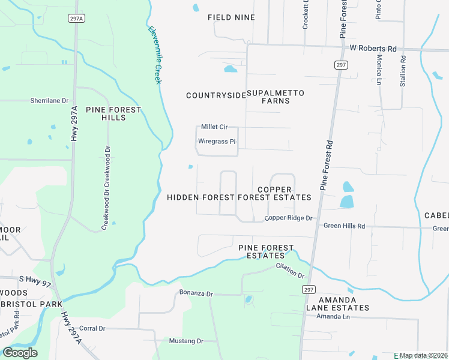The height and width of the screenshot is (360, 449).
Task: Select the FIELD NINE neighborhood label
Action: [231, 17]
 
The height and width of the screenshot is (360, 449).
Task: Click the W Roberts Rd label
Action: [373, 48]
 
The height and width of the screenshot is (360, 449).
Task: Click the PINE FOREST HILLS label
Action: [113, 113]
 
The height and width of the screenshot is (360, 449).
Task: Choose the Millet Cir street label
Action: [214, 127]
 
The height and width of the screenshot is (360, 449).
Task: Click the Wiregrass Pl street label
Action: [217, 142]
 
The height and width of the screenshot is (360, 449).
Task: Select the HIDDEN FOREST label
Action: [200, 197]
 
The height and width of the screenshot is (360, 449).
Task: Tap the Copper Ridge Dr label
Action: [289, 218]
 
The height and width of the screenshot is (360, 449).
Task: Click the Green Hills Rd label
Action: [345, 226]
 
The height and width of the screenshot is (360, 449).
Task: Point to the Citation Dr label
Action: [291, 271]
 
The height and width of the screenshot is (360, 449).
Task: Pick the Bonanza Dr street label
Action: [196, 293]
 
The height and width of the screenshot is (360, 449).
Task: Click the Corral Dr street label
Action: [92, 328]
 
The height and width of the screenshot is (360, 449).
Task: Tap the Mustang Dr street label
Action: [187, 341]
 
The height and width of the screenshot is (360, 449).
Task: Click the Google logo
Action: [20, 353]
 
